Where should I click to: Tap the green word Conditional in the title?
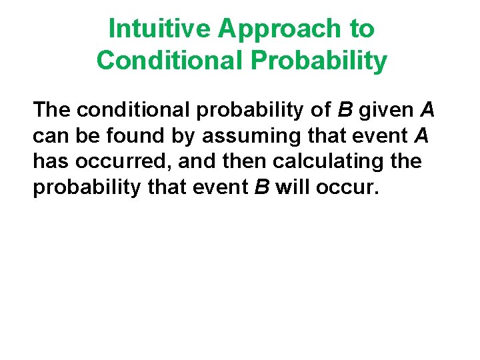(170, 61)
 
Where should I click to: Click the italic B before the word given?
(348, 109)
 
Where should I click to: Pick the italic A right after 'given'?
(427, 109)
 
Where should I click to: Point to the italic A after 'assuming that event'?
(421, 136)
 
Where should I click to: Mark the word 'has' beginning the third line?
(49, 162)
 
